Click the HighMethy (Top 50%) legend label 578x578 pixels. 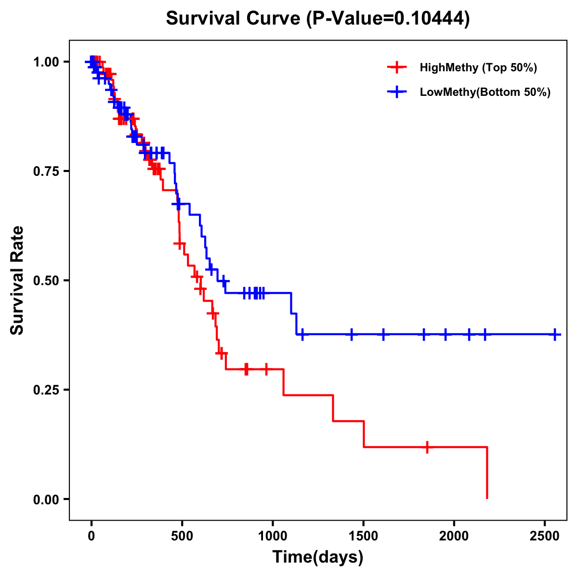[478, 67]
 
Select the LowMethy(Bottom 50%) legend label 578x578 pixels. [485, 92]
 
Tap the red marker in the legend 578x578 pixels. [396, 67]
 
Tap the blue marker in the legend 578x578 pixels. [396, 92]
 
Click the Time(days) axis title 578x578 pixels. [318, 557]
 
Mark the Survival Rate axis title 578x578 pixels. [17, 280]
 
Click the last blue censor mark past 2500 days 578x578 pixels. [555, 334]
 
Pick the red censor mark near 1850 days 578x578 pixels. [427, 447]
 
